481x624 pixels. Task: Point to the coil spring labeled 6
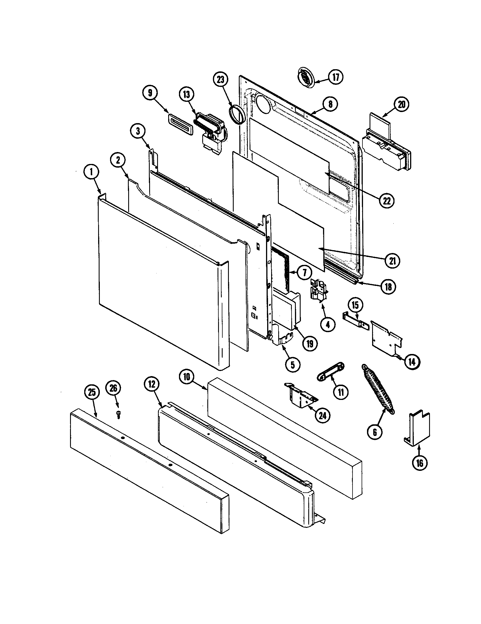[378, 389]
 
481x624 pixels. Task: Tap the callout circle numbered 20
[401, 105]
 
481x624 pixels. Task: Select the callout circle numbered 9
[150, 92]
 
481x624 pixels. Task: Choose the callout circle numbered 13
[187, 94]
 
